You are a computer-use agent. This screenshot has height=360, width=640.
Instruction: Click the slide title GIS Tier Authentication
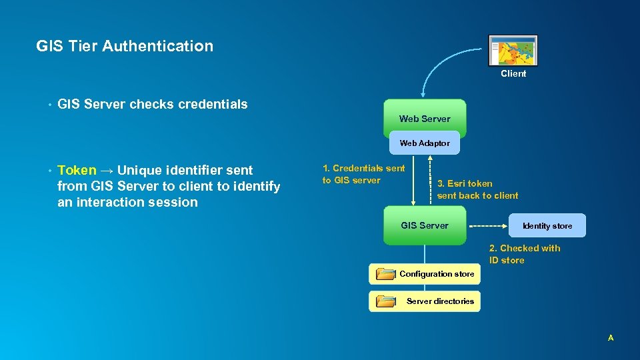coord(125,46)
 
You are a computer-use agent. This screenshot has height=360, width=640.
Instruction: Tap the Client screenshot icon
coord(513,51)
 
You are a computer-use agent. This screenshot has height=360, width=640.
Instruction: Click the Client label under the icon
coord(513,74)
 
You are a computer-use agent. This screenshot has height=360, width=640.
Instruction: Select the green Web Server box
coord(425,118)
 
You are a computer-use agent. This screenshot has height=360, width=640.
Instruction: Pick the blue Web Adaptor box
coord(425,143)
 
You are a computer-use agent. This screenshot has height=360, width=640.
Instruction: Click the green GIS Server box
coord(425,225)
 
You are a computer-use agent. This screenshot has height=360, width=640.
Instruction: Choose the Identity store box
coord(547,226)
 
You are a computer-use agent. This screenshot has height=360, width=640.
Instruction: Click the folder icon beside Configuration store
coord(385,274)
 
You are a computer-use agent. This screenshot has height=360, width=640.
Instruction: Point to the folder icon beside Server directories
coord(385,301)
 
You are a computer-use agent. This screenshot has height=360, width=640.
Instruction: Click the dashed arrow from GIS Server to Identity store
coord(489,226)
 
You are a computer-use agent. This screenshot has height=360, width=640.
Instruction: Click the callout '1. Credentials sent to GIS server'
coord(363,175)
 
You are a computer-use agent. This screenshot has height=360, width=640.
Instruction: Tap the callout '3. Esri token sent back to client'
coord(477,189)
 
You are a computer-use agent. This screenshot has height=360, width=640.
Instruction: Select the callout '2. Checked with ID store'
coord(524,254)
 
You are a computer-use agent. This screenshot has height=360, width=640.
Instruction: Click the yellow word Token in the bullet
coord(77,170)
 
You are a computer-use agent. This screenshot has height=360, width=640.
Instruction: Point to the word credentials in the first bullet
coord(213,104)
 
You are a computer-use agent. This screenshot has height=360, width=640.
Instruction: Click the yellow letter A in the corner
coord(611,339)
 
